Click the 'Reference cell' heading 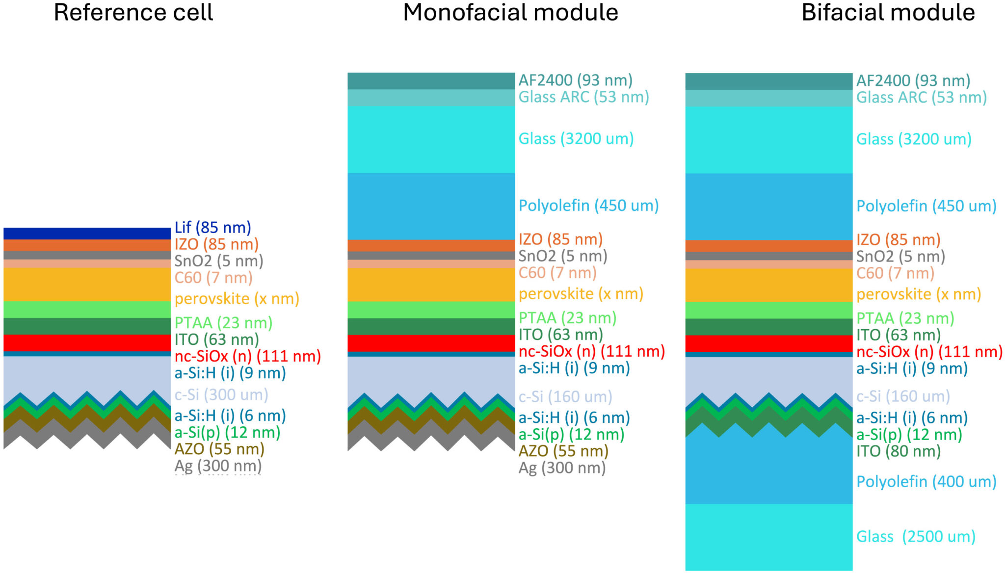tap(133, 12)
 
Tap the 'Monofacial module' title tap(510, 12)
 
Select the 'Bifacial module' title tap(888, 12)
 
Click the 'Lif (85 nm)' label tap(212, 228)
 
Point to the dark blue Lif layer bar tap(87, 234)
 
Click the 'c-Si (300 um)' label tap(221, 394)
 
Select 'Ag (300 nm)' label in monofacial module tap(562, 468)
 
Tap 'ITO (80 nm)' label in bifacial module tap(898, 451)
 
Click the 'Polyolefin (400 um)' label tap(926, 481)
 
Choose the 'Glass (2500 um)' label tap(916, 536)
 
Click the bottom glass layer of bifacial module tap(768, 537)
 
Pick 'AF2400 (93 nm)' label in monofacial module tap(575, 80)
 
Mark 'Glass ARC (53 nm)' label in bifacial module tap(921, 97)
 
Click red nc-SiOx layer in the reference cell tap(87, 342)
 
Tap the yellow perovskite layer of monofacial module tap(431, 285)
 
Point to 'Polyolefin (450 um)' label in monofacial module tap(588, 205)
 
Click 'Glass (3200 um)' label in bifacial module tap(914, 139)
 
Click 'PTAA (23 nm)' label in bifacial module tap(905, 318)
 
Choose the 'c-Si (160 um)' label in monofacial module tap(565, 396)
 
